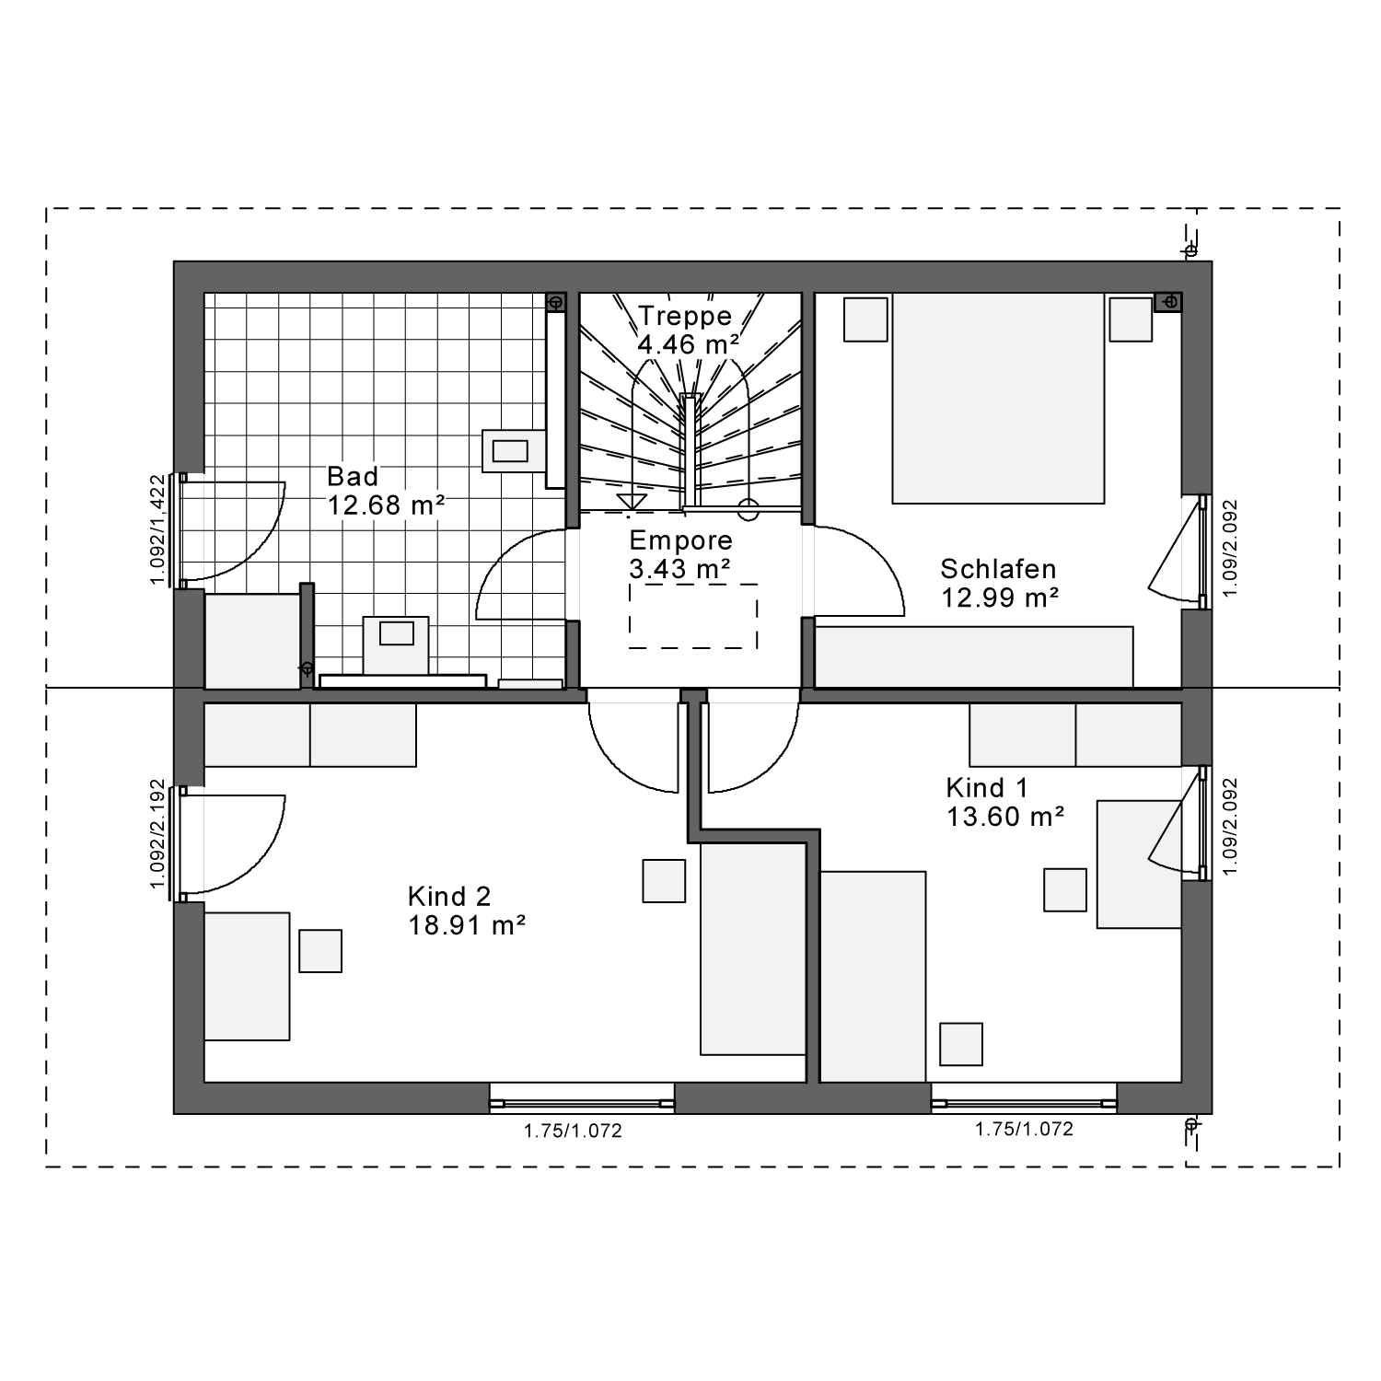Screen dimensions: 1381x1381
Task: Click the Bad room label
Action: coord(353,476)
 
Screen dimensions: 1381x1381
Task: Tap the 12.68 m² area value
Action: coord(387,505)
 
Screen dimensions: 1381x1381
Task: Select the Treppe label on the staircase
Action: coord(685,316)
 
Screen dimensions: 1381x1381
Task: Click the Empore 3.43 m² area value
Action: coord(680,569)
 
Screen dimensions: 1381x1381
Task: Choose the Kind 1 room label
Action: coord(987,788)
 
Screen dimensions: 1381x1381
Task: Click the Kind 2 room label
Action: coord(449,896)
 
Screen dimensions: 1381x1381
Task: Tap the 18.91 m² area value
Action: coord(467,925)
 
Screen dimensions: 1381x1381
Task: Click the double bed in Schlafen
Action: coord(998,399)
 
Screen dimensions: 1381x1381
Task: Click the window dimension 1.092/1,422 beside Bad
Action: coord(157,529)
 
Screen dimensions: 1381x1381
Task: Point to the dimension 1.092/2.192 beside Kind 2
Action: coord(157,835)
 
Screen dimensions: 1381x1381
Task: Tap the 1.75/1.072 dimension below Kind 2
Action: coord(574,1131)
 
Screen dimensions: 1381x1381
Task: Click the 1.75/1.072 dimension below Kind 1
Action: coord(1025,1129)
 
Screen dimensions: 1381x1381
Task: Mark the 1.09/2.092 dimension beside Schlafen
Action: coord(1231,549)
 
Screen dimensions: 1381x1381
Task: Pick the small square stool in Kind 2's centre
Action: coord(664,881)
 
